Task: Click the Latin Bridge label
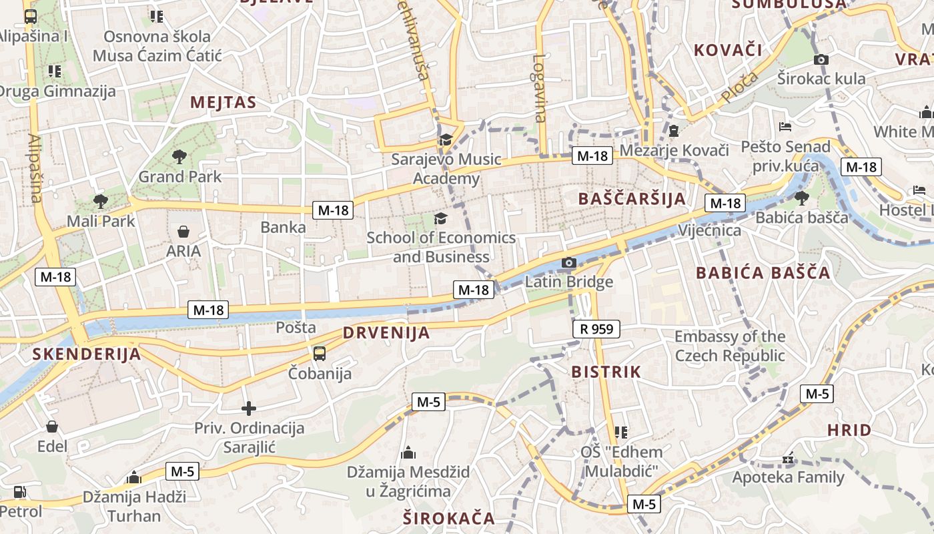coord(569,282)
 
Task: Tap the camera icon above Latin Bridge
coord(569,263)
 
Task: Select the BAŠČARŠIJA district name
coord(632,198)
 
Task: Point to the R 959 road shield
coord(596,329)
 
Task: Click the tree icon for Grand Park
coord(179,157)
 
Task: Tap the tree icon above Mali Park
coord(100,200)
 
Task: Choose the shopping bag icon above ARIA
coord(183,232)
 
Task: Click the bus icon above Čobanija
coord(320,353)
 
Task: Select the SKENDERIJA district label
coord(87,354)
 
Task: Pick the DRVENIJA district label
coord(386,333)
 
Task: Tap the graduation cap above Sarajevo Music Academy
coord(445,140)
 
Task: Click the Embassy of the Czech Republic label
coord(730,346)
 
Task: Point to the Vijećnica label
coord(709,230)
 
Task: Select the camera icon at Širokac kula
coord(821,59)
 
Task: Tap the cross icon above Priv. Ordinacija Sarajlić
coord(249,408)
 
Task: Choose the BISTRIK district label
coord(606,372)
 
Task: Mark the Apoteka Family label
coord(789,477)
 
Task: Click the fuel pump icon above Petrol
coord(20,493)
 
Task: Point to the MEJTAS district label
coord(223,102)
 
